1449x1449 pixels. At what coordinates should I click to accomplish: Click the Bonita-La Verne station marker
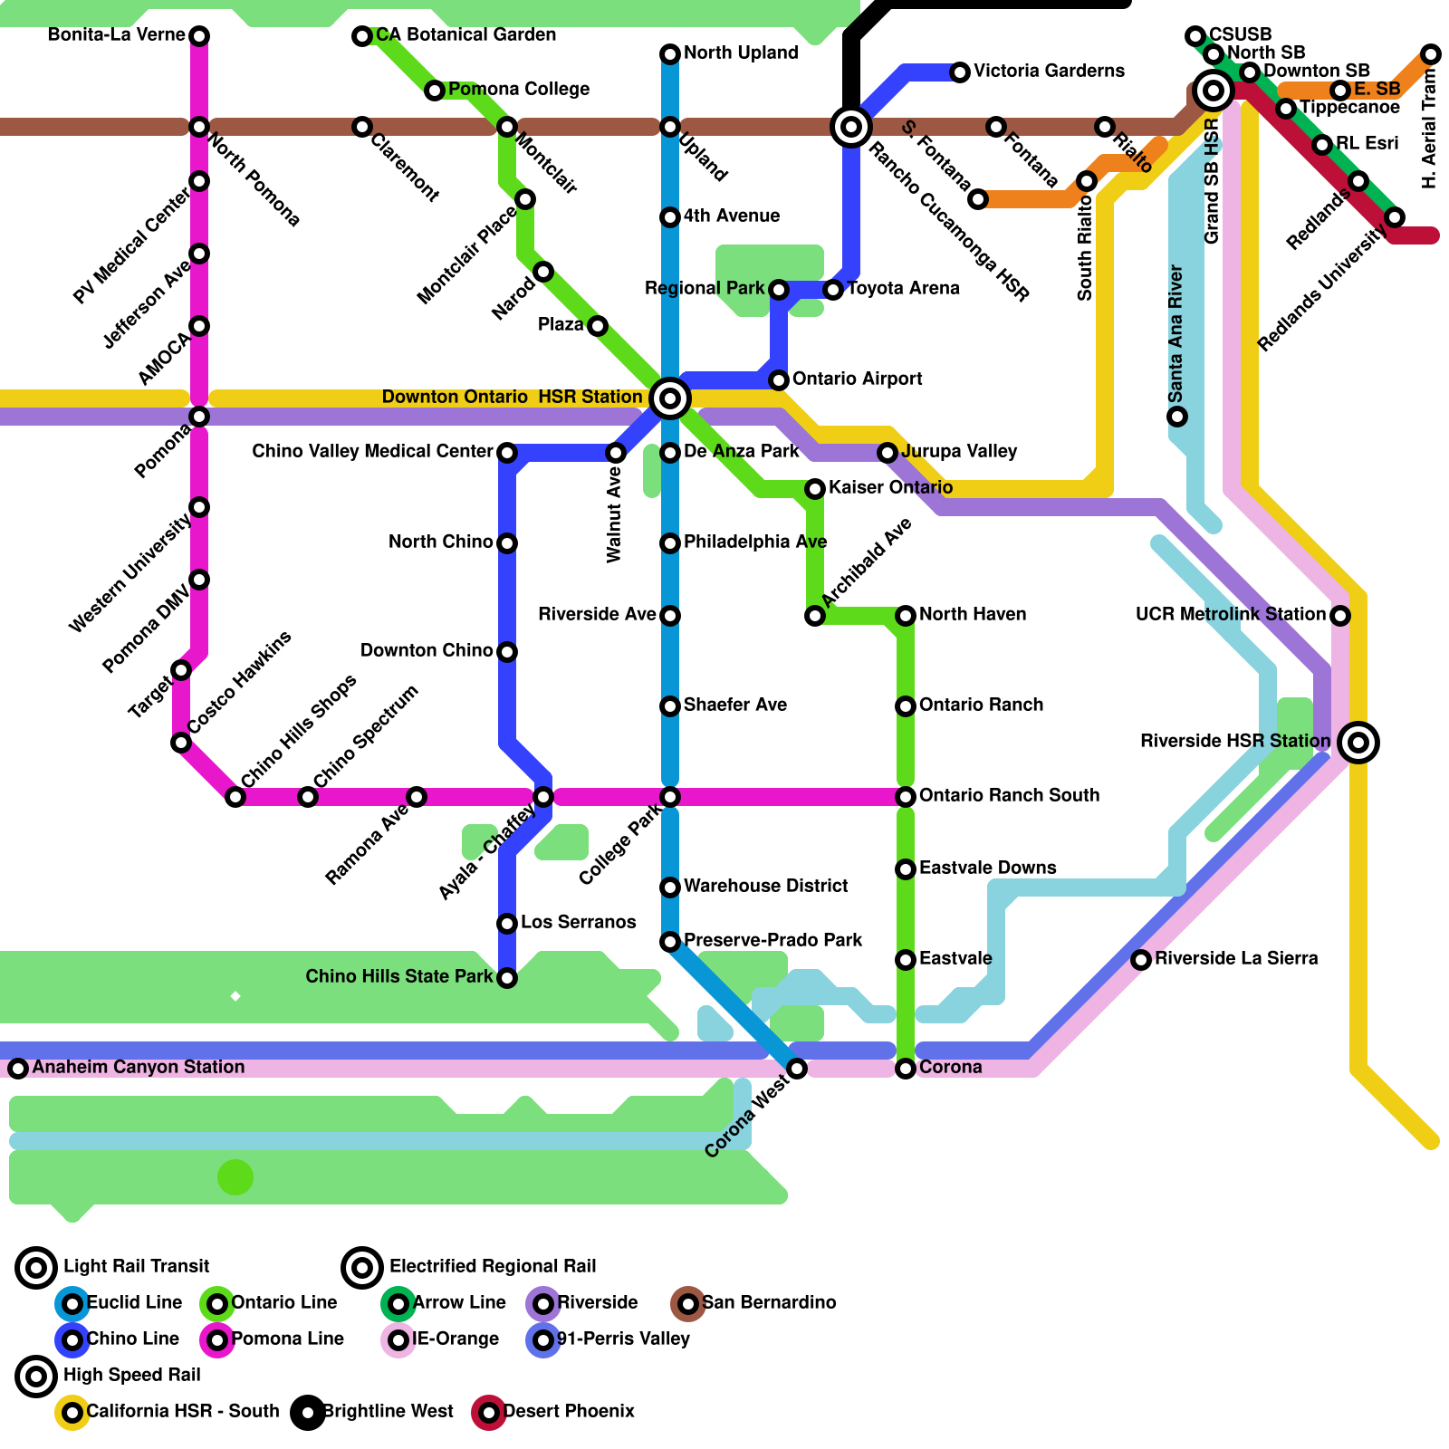(199, 36)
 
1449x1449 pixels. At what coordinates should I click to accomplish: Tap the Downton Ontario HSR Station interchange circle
(670, 398)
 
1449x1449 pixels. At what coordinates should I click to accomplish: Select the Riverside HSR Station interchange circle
(1358, 743)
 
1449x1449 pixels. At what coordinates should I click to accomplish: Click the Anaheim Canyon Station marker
(18, 1069)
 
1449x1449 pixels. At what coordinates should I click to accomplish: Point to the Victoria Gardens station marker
(960, 72)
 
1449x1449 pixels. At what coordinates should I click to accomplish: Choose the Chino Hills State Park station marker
(507, 978)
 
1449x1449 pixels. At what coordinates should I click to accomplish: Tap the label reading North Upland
(741, 53)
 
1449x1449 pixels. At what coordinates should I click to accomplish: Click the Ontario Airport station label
(857, 379)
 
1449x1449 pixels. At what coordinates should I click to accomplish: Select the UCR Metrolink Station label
(1230, 615)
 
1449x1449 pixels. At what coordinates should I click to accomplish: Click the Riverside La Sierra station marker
(1141, 960)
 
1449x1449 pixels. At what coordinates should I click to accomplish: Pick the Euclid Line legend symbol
(72, 1304)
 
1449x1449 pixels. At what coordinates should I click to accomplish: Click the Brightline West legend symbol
(308, 1413)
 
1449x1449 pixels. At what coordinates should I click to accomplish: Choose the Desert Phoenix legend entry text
(569, 1412)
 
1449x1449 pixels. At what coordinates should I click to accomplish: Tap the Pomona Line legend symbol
(217, 1340)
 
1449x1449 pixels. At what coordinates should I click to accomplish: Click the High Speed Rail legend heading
(132, 1376)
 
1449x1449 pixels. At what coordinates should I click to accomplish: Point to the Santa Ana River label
(1176, 334)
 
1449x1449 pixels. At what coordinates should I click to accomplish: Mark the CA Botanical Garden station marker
(362, 36)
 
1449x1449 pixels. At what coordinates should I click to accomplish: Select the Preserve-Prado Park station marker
(670, 942)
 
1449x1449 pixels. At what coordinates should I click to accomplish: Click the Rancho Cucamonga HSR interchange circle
(851, 127)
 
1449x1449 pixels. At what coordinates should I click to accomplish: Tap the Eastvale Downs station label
(987, 868)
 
